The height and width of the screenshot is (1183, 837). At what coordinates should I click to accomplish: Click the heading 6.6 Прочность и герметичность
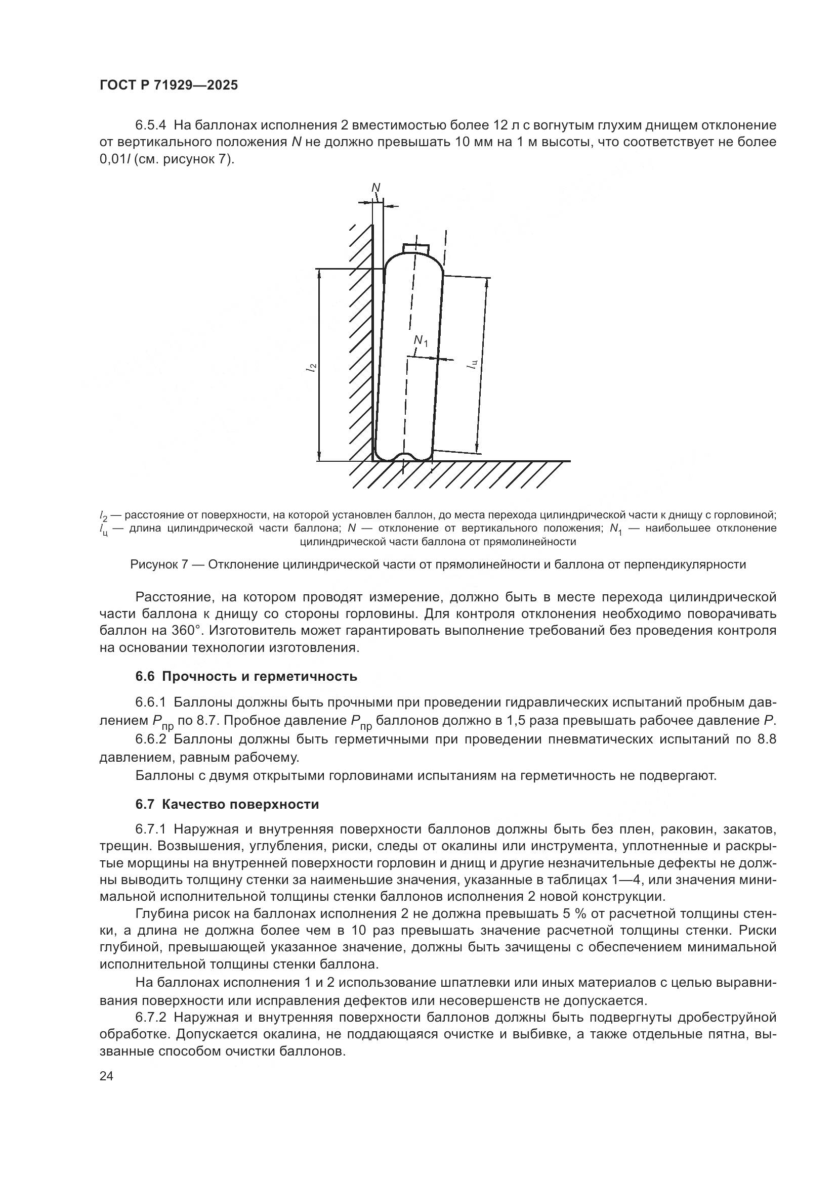(246, 676)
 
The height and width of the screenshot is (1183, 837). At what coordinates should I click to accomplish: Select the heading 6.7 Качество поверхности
(227, 804)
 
